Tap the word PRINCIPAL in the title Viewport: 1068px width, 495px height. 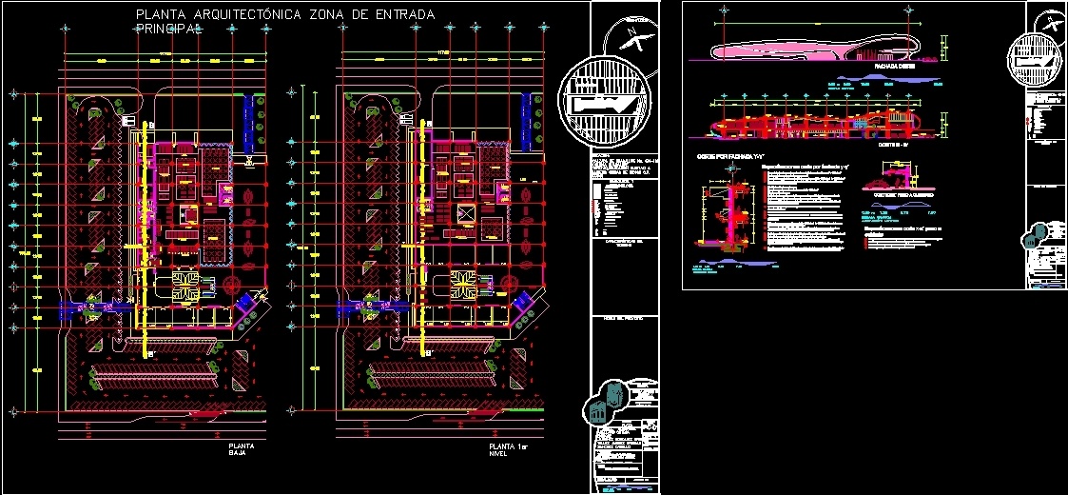[x=170, y=30]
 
